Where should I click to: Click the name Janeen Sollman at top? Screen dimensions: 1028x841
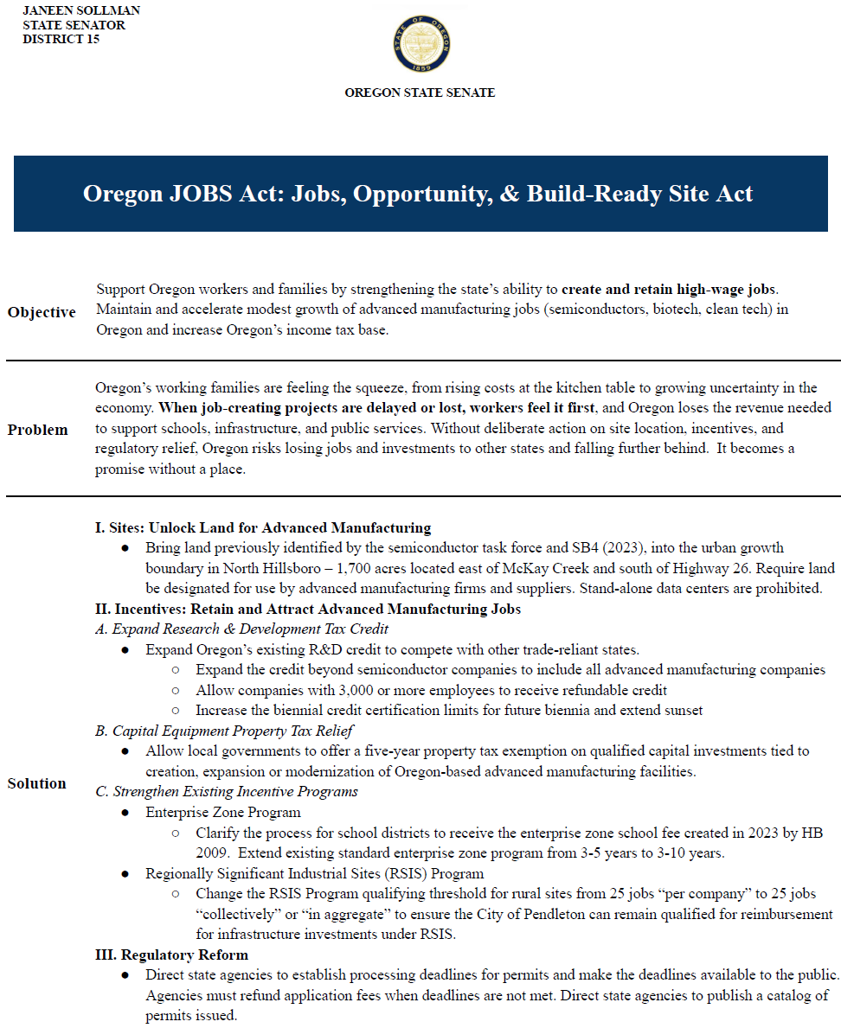coord(81,10)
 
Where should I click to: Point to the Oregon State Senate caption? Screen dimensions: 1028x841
coord(420,93)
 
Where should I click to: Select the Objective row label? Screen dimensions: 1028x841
coord(42,312)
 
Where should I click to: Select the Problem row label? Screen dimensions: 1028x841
coord(38,430)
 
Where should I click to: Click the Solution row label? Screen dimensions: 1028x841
coord(37,783)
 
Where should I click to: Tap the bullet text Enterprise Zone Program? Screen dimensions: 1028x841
coord(223,813)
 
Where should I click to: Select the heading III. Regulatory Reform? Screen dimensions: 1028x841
coord(171,955)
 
